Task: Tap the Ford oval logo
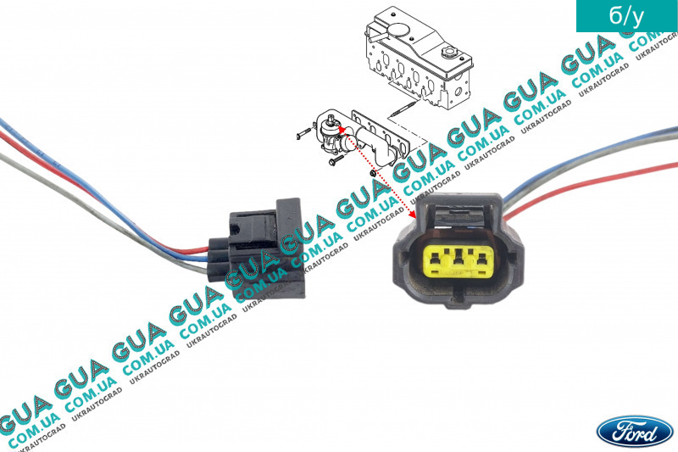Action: pos(635,432)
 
